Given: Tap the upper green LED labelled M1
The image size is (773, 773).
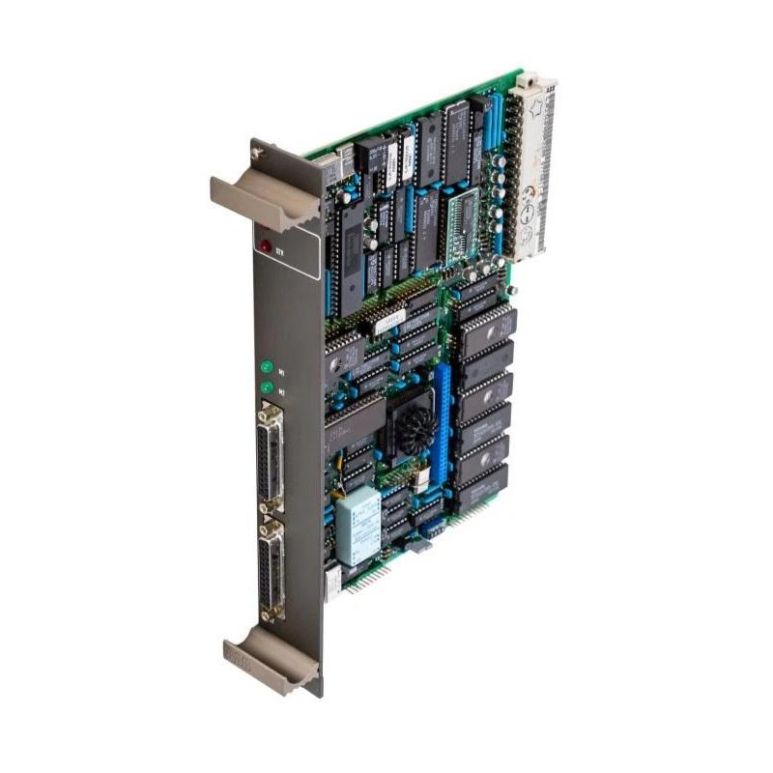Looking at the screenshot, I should click(265, 366).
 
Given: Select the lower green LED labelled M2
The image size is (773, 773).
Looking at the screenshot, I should click(265, 388).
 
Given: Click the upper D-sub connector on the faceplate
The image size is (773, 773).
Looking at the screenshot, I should click(270, 454).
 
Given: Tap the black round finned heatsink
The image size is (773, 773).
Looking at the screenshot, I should click(414, 425).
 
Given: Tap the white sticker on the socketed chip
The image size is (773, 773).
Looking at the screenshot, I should click(389, 322).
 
